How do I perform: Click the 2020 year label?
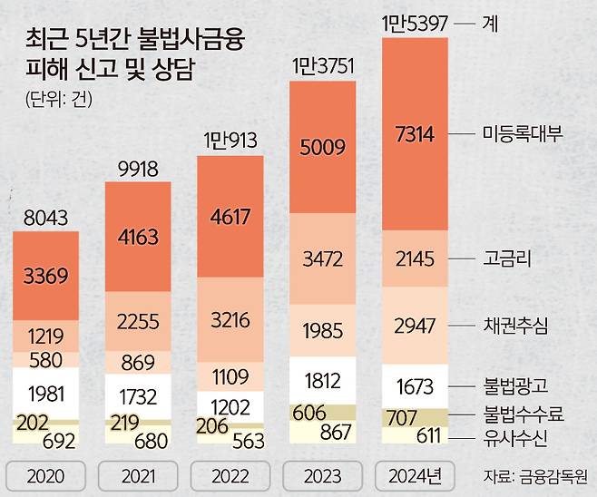click(x=45, y=473)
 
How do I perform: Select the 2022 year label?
click(x=230, y=473)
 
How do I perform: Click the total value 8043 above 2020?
click(x=44, y=217)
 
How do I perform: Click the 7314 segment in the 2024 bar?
click(x=416, y=134)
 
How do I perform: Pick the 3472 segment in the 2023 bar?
click(x=323, y=260)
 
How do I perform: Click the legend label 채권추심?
click(x=514, y=324)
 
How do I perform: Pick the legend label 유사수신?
click(x=514, y=438)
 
